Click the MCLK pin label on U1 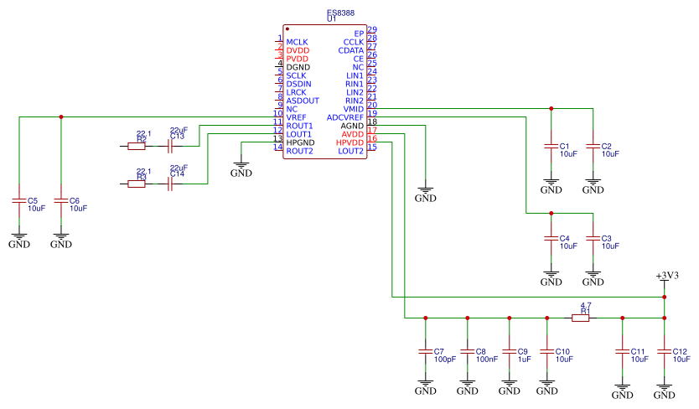pos(297,42)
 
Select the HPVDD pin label pos(350,142)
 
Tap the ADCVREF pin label pos(345,117)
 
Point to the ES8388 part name pos(341,12)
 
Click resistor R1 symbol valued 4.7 pos(581,318)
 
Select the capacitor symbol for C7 pos(426,352)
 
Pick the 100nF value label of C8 pos(486,359)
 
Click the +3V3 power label pos(667,276)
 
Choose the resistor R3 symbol pos(137,184)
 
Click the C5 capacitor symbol pos(19,201)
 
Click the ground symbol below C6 pos(61,241)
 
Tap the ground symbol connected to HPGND pos(241,169)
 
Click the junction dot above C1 pos(551,108)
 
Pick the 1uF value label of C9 pos(524,359)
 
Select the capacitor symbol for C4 pos(551,239)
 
